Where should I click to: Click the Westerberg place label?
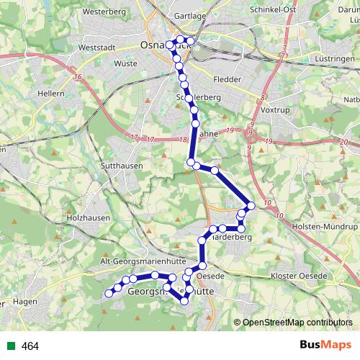click(x=104, y=12)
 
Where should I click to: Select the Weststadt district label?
click(x=96, y=47)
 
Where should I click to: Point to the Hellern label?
click(x=53, y=93)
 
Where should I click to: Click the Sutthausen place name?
click(x=123, y=166)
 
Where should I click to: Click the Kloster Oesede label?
click(x=298, y=276)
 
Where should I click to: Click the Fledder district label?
click(x=227, y=80)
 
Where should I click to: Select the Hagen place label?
click(x=24, y=302)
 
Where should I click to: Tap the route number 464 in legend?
click(x=30, y=346)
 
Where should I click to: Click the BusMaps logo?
click(x=326, y=345)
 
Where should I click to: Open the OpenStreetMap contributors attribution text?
click(x=297, y=323)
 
